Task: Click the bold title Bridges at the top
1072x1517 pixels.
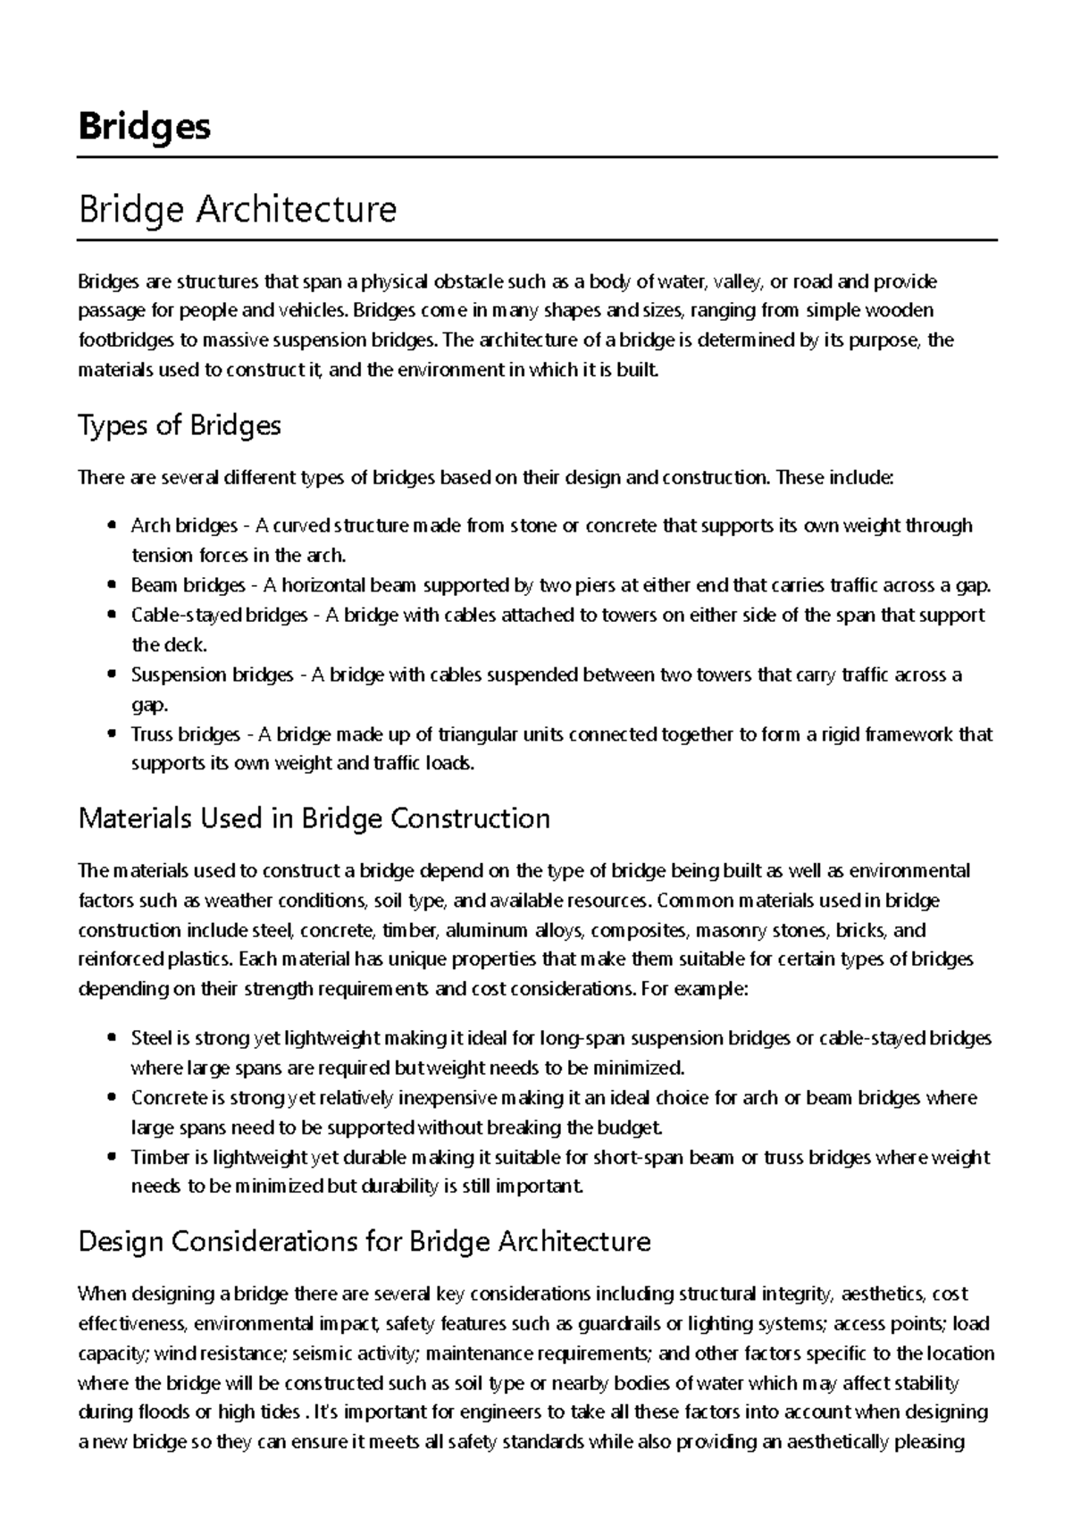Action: (144, 126)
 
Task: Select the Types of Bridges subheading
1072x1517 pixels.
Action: (180, 425)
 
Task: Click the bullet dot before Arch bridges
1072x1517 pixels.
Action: (111, 526)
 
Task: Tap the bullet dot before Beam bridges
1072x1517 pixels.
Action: (111, 586)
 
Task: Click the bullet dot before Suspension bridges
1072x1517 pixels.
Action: (111, 675)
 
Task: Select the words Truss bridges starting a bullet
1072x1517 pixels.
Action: (185, 734)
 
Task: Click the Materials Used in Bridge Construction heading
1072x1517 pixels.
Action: (314, 818)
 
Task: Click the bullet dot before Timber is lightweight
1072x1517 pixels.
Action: (111, 1158)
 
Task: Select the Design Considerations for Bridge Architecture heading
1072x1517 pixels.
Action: (364, 1241)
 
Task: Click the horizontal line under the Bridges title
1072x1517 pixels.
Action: (536, 157)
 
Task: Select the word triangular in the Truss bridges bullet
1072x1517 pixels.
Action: (477, 734)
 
